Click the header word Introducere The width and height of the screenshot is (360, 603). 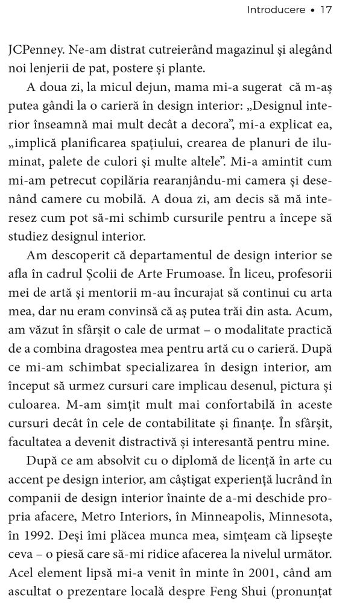pyautogui.click(x=276, y=10)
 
